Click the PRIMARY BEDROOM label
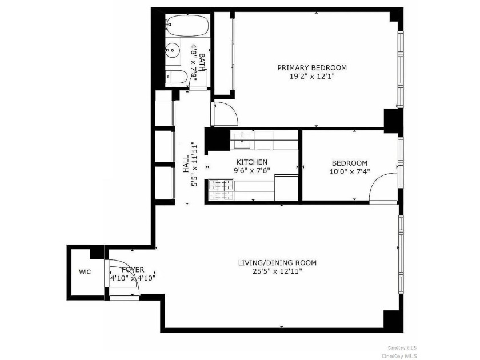pos(312,67)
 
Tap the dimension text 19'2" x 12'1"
pos(311,76)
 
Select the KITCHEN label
pos(251,162)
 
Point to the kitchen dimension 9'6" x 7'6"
pos(252,170)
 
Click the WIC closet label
pos(85,272)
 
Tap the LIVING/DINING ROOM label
pos(277,263)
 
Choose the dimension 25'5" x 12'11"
pos(277,271)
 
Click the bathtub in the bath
pos(187,25)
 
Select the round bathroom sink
pos(173,50)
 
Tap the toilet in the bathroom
pos(177,77)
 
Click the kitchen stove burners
pos(221,190)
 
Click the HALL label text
pos(186,164)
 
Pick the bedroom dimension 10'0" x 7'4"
pos(350,171)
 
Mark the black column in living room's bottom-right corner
pos(393,321)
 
